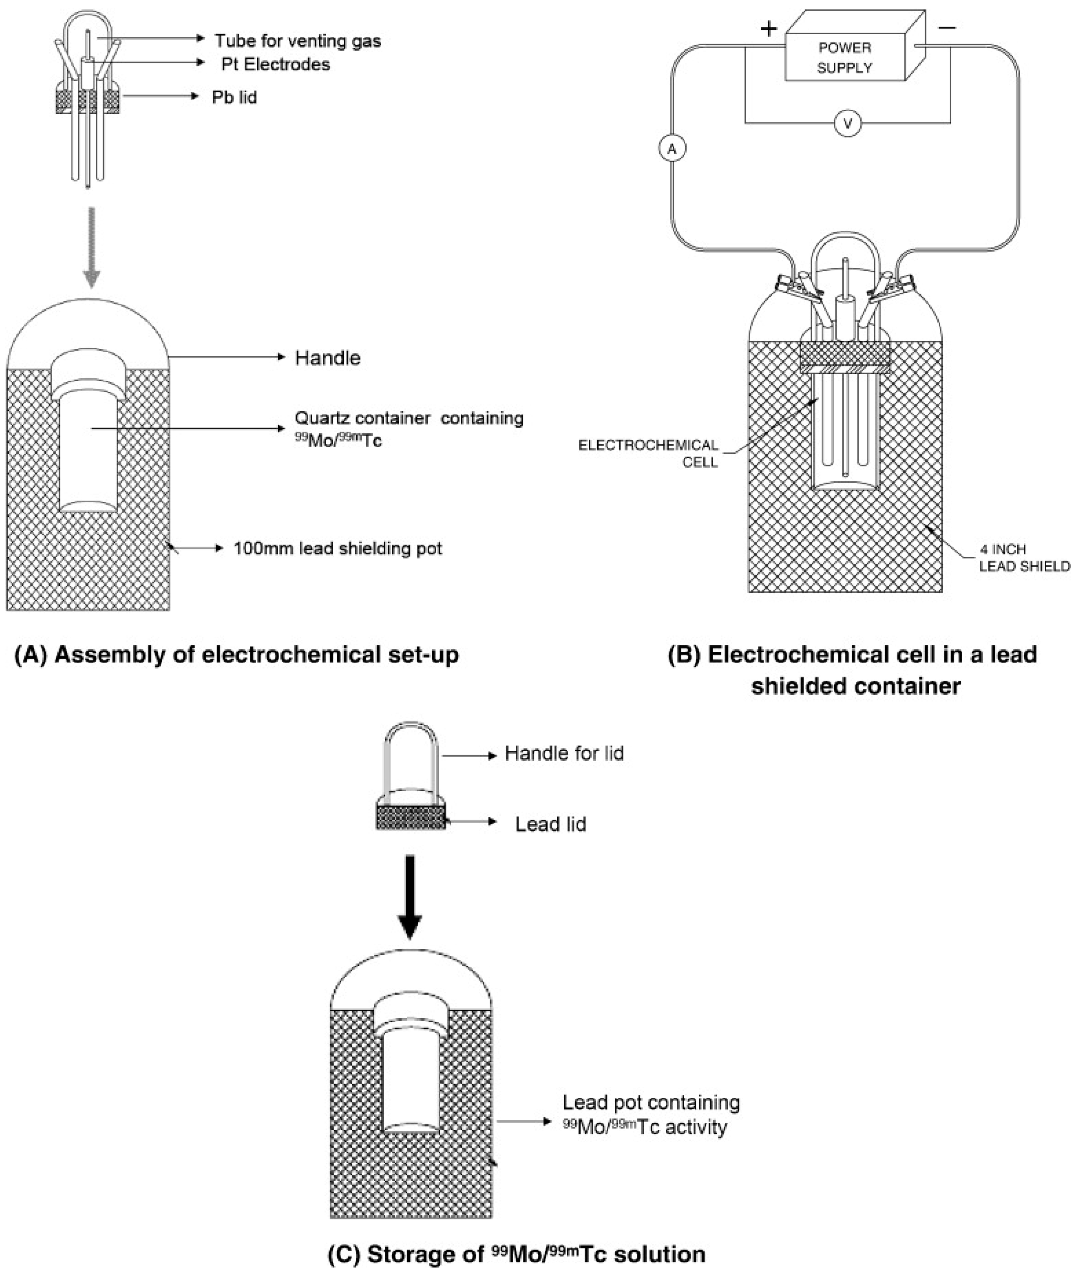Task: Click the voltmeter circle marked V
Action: click(848, 124)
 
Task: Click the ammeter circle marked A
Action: click(672, 148)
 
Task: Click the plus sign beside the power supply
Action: click(768, 28)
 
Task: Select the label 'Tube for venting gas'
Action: click(297, 41)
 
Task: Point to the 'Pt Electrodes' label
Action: click(275, 64)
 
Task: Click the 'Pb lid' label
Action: click(234, 97)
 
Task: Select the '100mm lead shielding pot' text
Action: click(337, 548)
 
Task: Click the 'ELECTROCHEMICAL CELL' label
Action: click(648, 453)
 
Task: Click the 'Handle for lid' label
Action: click(564, 753)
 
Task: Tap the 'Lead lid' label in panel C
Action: click(550, 824)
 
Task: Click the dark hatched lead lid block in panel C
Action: click(411, 817)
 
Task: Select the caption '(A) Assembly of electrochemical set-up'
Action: click(236, 655)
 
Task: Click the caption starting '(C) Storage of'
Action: click(517, 1254)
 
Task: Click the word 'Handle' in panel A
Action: click(327, 358)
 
